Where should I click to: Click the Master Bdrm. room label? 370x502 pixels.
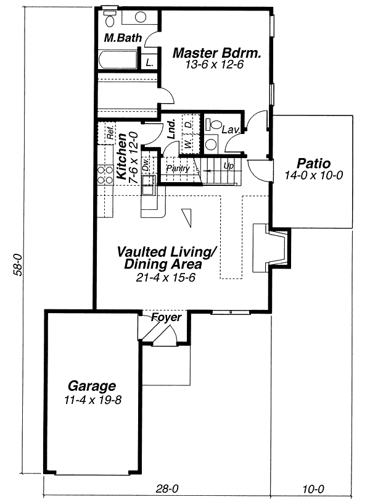[x=216, y=53]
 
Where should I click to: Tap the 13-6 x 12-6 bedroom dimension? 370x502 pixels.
[x=214, y=65]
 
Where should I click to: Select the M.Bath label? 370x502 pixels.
[x=123, y=38]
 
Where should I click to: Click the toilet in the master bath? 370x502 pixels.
[x=110, y=18]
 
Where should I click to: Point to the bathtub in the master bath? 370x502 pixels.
[x=118, y=59]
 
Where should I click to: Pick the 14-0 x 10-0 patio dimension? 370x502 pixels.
[x=314, y=175]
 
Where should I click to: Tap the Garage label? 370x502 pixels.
[x=92, y=386]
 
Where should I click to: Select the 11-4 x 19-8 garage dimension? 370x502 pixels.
[x=92, y=400]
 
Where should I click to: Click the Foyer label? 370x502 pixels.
[x=166, y=317]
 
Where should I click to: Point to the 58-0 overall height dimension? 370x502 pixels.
[x=18, y=264]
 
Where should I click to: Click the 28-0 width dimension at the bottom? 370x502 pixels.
[x=167, y=489]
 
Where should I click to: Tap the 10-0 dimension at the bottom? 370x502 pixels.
[x=313, y=489]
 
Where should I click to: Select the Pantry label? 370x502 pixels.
[x=178, y=168]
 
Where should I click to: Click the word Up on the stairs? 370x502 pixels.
[x=228, y=166]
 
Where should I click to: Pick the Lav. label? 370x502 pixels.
[x=231, y=130]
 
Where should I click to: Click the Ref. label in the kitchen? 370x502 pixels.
[x=110, y=133]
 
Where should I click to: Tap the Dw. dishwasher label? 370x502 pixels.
[x=146, y=164]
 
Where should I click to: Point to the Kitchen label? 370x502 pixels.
[x=121, y=157]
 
